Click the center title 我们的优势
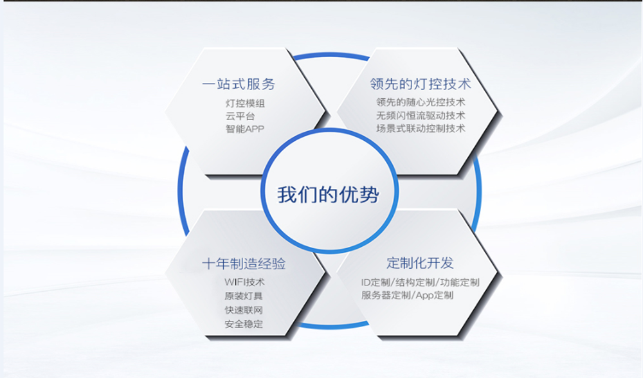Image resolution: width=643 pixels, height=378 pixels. [x=328, y=194]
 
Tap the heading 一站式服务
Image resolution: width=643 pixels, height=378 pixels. [x=239, y=84]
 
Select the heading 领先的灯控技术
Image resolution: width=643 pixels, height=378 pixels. [x=421, y=84]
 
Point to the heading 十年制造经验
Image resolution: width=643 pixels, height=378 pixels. [x=244, y=264]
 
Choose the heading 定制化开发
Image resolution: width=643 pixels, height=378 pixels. [x=420, y=263]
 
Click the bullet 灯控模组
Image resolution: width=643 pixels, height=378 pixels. [x=245, y=104]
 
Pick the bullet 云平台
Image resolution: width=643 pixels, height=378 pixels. [x=240, y=116]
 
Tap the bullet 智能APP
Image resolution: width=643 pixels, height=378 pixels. [x=245, y=129]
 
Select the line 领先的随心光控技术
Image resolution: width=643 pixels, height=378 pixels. [x=421, y=102]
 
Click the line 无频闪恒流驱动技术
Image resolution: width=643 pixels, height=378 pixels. [x=421, y=115]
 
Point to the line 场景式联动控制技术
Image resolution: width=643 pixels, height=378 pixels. [x=421, y=129]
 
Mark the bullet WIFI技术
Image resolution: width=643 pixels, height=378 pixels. [x=244, y=282]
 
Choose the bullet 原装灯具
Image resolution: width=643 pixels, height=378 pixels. [x=244, y=296]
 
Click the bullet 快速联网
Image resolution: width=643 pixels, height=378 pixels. [x=244, y=310]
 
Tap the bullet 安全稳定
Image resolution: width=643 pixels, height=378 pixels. [x=244, y=324]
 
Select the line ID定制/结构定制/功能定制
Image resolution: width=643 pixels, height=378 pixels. [x=421, y=282]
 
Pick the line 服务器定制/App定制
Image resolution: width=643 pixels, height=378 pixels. [x=407, y=295]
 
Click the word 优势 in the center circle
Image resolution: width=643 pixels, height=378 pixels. [x=359, y=194]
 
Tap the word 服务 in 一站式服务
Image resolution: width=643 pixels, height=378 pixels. [x=261, y=84]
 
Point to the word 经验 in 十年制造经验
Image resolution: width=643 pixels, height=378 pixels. [x=271, y=264]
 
